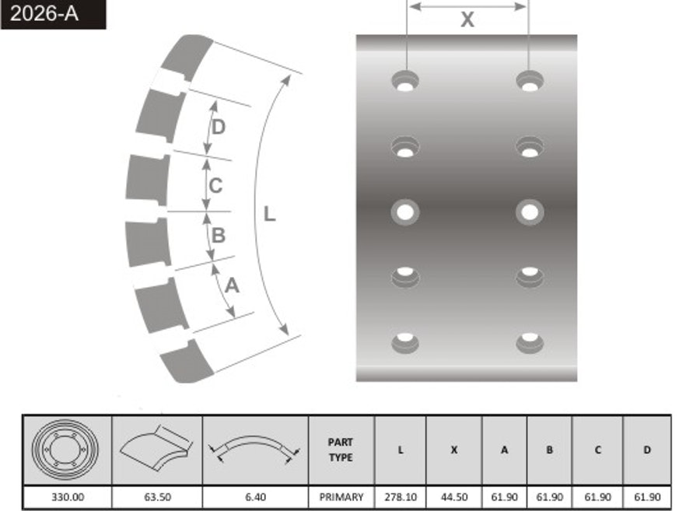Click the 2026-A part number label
(x=44, y=14)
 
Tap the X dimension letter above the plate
(x=467, y=19)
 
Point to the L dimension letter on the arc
(x=269, y=214)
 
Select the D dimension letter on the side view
(x=219, y=128)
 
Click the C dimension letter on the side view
(x=215, y=185)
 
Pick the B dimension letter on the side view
(x=219, y=235)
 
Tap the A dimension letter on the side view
(x=232, y=285)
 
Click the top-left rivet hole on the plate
(x=405, y=81)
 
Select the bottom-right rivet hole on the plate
(x=530, y=343)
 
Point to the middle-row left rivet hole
(x=405, y=212)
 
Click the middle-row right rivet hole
(x=530, y=212)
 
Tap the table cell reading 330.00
(x=68, y=497)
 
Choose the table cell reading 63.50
(x=158, y=497)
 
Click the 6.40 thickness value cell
(x=255, y=497)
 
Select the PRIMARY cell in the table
(x=341, y=497)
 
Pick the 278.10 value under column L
(x=401, y=497)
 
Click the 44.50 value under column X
(x=454, y=497)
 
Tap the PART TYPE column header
(x=341, y=450)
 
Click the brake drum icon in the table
(x=65, y=450)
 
